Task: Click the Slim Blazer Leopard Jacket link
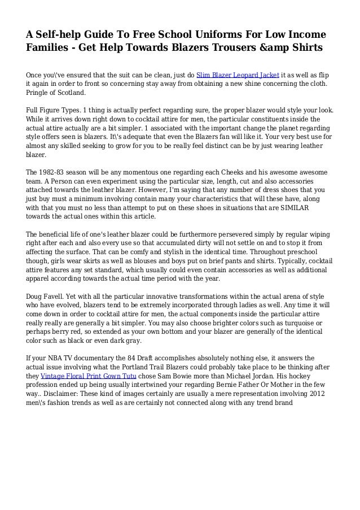[x=238, y=74]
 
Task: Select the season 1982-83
[x=54, y=173]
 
